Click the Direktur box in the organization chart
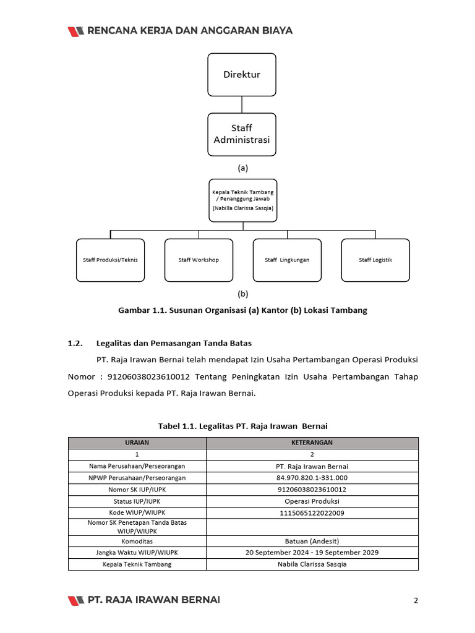(x=242, y=75)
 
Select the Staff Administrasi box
(x=242, y=134)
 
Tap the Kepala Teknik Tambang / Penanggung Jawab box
(x=242, y=200)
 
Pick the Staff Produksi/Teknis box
(x=110, y=260)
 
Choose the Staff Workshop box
(x=199, y=260)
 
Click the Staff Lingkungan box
(x=287, y=260)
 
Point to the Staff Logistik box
(x=375, y=260)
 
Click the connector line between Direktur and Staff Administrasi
(x=242, y=104)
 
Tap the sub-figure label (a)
(x=242, y=168)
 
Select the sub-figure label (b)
(x=242, y=294)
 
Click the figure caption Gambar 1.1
(x=242, y=310)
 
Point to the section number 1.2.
(x=75, y=343)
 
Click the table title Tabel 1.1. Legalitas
(x=242, y=426)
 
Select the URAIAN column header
(x=137, y=443)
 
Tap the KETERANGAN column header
(x=312, y=443)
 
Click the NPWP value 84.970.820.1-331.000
(x=312, y=478)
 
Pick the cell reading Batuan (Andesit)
(x=312, y=541)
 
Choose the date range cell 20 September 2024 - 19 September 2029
(x=312, y=553)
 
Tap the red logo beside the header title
(x=76, y=31)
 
